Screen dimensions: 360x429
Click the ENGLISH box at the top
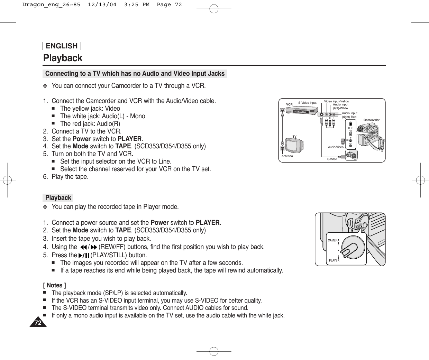pyautogui.click(x=62, y=46)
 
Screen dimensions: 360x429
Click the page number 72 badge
pyautogui.click(x=38, y=323)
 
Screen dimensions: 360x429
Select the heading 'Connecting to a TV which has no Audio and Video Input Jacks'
pyautogui.click(x=135, y=74)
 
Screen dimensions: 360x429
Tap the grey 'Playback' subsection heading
pyautogui.click(x=58, y=198)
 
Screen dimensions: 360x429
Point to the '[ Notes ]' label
pyautogui.click(x=54, y=285)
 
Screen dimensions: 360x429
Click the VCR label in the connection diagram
pyautogui.click(x=289, y=104)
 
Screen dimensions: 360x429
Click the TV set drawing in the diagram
pyautogui.click(x=293, y=145)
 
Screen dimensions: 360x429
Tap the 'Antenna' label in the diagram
pyautogui.click(x=287, y=156)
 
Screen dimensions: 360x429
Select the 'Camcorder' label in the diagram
pyautogui.click(x=371, y=120)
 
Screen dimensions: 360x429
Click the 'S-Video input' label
pyautogui.click(x=307, y=103)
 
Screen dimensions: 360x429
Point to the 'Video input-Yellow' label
pyautogui.click(x=336, y=101)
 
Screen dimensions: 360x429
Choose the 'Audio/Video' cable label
pyautogui.click(x=336, y=147)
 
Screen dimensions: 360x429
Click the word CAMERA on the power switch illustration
pyautogui.click(x=334, y=240)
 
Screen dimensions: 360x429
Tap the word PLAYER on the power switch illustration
pyautogui.click(x=334, y=260)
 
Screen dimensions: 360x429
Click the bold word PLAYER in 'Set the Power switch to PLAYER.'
pyautogui.click(x=130, y=139)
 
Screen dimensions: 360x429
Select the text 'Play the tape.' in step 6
pyautogui.click(x=70, y=177)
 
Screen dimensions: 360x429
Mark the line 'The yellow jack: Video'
pyautogui.click(x=90, y=109)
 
